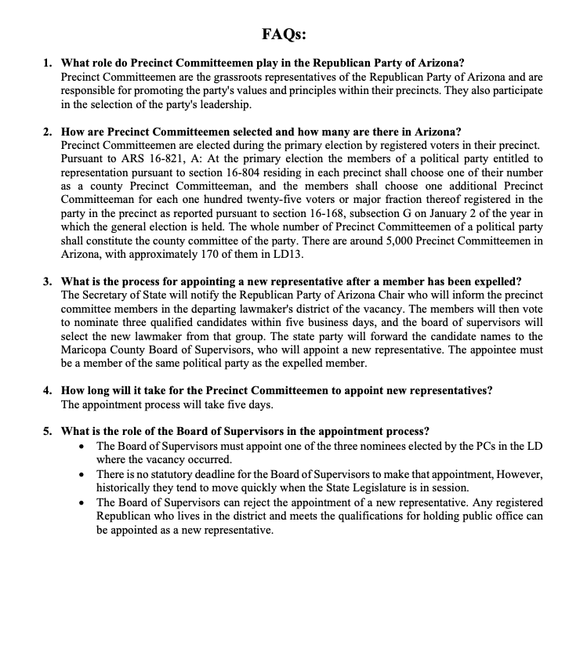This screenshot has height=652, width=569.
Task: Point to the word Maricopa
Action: pyautogui.click(x=86, y=350)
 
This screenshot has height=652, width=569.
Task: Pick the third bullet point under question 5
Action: pyautogui.click(x=82, y=502)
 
